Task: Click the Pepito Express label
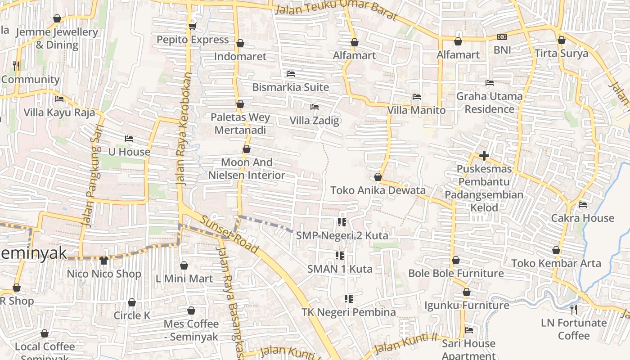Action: click(193, 40)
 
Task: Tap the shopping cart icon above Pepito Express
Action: click(192, 27)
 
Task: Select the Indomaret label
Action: click(240, 56)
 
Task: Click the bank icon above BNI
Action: click(502, 37)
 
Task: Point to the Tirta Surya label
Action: click(561, 54)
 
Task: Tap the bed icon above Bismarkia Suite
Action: click(291, 74)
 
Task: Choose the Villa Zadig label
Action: click(314, 121)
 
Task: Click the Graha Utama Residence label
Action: click(489, 103)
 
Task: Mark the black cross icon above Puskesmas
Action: click(484, 156)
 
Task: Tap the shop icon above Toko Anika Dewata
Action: click(378, 177)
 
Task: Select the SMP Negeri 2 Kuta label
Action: click(342, 235)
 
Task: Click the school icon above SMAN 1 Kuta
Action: click(340, 256)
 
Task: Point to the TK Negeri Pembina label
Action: click(349, 312)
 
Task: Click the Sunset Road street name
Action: click(229, 234)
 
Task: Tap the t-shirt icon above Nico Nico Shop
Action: click(104, 260)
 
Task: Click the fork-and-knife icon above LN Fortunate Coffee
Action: click(573, 310)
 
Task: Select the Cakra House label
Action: click(583, 218)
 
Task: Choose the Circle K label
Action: click(132, 315)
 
